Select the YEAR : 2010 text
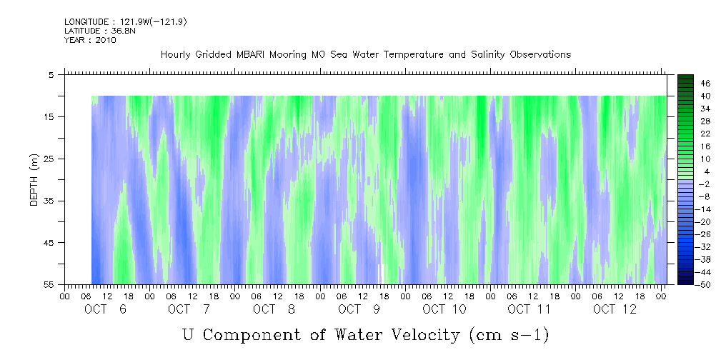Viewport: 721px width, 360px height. pyautogui.click(x=90, y=40)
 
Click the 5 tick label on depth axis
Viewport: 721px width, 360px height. pyautogui.click(x=51, y=74)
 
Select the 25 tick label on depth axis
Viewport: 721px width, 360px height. pyautogui.click(x=49, y=159)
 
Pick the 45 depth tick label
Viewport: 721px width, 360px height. pyautogui.click(x=49, y=243)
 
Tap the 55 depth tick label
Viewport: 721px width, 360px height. pyautogui.click(x=49, y=285)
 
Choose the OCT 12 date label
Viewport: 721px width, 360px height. pyautogui.click(x=614, y=309)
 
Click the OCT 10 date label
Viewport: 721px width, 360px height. pyautogui.click(x=444, y=309)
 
